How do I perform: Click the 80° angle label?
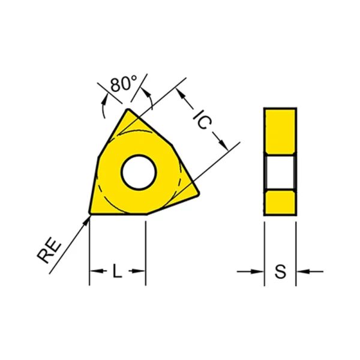pos(124,83)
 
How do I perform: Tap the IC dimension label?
pos(202,119)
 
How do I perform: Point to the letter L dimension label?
pos(117,271)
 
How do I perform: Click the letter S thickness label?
pos(281,271)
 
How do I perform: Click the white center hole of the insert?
pos(139,172)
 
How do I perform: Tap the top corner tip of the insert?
pos(128,110)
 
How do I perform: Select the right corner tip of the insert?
pos(199,194)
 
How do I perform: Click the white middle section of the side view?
pos(280,172)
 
